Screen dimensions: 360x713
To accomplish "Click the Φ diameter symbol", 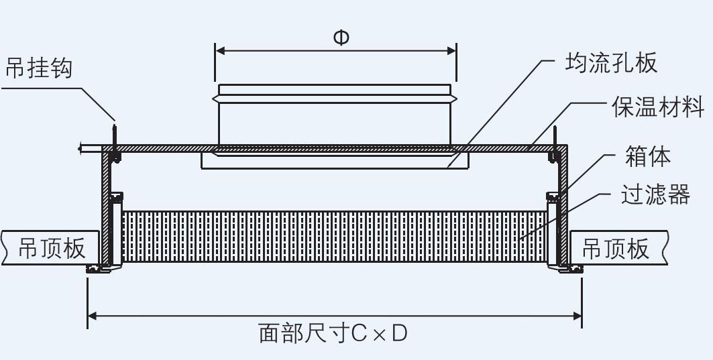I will click(341, 38).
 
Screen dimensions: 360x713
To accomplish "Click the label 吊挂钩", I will click(39, 68).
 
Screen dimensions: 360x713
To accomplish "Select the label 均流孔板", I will click(610, 63).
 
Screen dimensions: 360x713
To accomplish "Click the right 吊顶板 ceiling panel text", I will click(615, 248).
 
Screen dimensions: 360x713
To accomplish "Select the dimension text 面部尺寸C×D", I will click(333, 333).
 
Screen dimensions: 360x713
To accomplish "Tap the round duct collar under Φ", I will click(334, 114).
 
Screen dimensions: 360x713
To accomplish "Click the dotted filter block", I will click(334, 236).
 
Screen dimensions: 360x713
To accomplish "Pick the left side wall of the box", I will click(106, 208).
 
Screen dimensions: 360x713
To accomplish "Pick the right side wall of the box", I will click(564, 208).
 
